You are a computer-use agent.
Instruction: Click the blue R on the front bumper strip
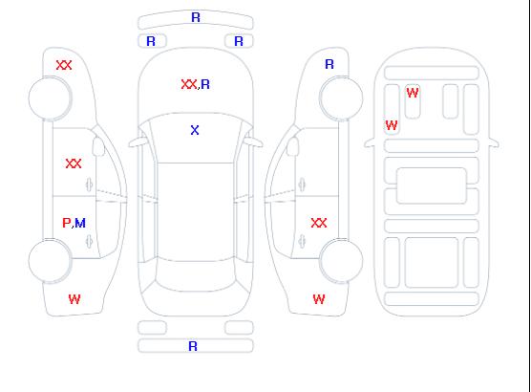196,17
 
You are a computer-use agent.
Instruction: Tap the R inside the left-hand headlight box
151,41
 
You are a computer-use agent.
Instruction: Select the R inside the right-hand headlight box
239,41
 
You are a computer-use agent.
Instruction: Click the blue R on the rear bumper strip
193,346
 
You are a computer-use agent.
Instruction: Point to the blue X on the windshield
195,130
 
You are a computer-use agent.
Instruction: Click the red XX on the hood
189,84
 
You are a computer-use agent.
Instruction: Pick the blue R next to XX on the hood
205,84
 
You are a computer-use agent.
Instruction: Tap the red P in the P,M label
67,223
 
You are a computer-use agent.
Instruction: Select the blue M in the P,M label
80,223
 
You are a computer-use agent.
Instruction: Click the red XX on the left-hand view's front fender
64,65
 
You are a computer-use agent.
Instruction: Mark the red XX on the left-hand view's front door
74,163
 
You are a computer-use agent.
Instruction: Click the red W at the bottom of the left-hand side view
74,299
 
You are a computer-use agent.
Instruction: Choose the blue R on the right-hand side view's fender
329,64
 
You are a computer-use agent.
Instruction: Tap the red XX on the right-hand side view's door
319,223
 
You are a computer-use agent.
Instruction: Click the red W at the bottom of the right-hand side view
319,299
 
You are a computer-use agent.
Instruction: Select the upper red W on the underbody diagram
413,93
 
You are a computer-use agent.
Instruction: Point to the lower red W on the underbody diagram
392,125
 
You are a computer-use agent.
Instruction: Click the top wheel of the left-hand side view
50,98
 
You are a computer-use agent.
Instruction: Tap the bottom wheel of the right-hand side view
341,261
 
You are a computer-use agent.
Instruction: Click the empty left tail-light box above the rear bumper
152,328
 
